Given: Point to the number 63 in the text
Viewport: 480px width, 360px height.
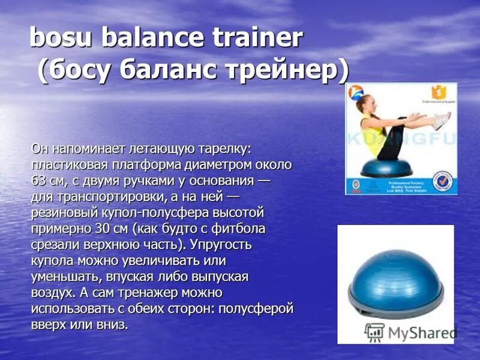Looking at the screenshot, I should [38, 181].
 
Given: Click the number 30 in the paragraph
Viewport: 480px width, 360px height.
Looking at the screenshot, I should [102, 229].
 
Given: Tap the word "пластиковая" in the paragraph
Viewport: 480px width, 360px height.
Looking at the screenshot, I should [67, 164].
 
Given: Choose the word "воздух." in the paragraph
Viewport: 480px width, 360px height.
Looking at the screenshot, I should [53, 293].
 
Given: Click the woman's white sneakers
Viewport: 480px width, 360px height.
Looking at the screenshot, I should [441, 120].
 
